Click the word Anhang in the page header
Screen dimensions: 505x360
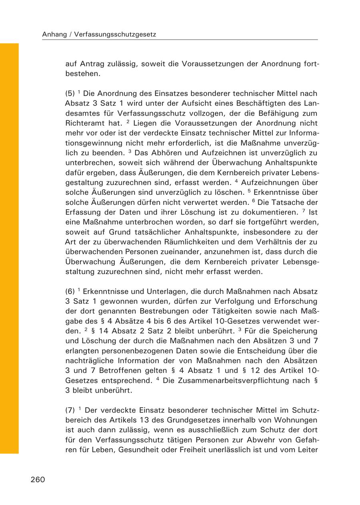(54, 35)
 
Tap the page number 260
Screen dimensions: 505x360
(38, 479)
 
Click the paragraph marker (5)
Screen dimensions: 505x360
(70, 94)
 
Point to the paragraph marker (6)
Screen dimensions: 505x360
(70, 291)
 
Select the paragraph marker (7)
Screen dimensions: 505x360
(70, 410)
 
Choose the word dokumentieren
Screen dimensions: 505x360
(255, 212)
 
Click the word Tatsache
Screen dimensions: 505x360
(289, 202)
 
